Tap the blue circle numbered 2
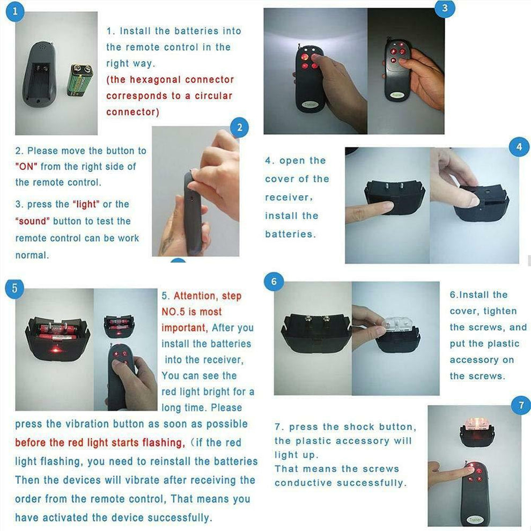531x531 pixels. [240, 127]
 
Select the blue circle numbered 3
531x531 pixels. [445, 8]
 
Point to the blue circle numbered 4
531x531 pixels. [519, 146]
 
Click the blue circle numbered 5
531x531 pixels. [14, 289]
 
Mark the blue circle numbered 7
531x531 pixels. [521, 405]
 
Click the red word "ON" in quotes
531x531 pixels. [26, 167]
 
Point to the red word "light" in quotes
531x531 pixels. [86, 204]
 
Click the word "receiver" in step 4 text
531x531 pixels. [288, 197]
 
